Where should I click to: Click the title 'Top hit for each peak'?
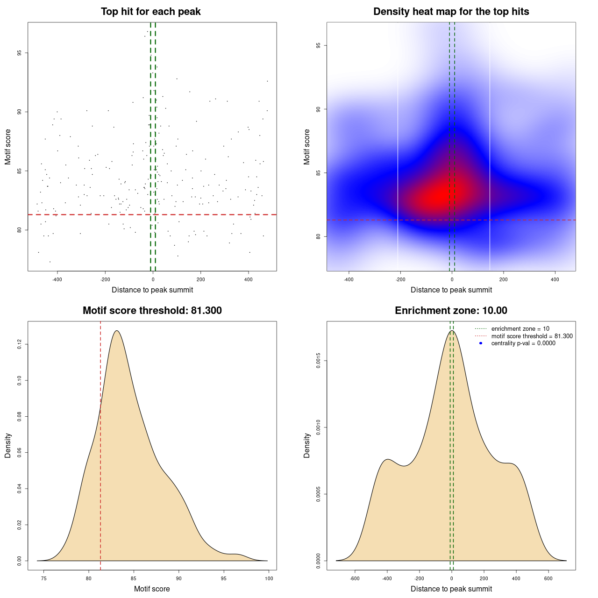click(x=150, y=12)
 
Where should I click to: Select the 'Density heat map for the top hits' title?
click(x=451, y=12)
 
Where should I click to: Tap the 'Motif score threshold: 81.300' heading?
click(x=152, y=311)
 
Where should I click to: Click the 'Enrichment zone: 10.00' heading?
click(x=451, y=311)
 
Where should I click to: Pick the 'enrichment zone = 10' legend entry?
click(x=520, y=329)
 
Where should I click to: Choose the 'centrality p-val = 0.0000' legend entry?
click(x=523, y=343)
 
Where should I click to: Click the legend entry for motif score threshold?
click(x=532, y=336)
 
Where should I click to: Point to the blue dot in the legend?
click(x=481, y=343)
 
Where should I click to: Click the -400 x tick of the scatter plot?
click(x=57, y=280)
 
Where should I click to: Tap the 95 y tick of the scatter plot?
click(x=19, y=53)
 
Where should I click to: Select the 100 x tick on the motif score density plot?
click(x=269, y=579)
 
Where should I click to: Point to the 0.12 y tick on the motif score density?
click(x=19, y=344)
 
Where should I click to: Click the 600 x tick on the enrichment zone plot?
click(x=548, y=579)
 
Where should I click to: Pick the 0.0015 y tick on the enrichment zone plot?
click(x=318, y=361)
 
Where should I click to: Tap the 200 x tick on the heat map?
click(x=503, y=280)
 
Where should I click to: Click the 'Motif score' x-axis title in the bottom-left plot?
click(x=152, y=589)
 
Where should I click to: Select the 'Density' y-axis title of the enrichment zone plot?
click(x=307, y=445)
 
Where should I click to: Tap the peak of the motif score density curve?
click(x=116, y=331)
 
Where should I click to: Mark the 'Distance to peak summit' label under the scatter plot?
click(x=152, y=290)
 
